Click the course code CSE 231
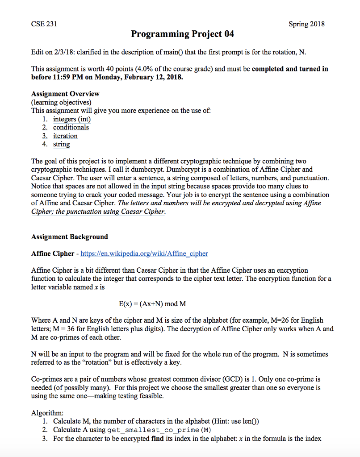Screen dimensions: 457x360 tap(44, 24)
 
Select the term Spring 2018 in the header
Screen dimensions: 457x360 tap(306, 24)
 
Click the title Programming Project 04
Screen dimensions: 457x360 tap(182, 34)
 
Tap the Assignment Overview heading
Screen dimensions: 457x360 tap(65, 94)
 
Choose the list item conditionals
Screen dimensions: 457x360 tap(71, 128)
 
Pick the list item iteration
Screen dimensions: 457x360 tap(65, 136)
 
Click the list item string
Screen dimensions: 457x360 tap(62, 144)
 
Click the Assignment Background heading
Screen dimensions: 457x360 tap(69, 237)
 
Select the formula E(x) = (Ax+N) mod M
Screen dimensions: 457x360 tap(152, 304)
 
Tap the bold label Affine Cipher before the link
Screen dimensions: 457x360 tap(53, 253)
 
